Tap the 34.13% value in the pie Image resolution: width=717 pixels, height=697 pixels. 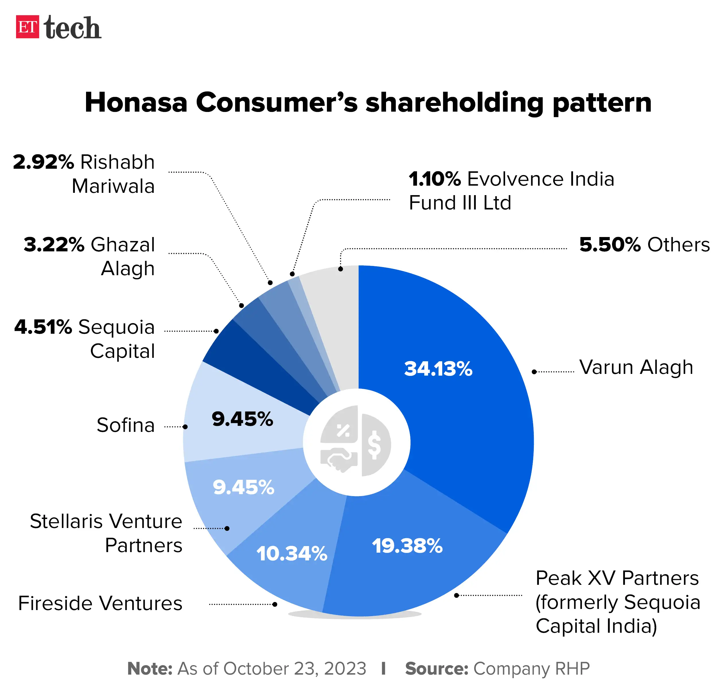438,369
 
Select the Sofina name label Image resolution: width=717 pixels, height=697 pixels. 126,425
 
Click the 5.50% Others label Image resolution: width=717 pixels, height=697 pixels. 644,244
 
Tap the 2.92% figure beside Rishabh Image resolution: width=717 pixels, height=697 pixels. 43,162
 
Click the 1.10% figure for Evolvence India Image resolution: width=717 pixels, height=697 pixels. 434,179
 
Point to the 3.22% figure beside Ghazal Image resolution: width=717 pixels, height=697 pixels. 54,244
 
